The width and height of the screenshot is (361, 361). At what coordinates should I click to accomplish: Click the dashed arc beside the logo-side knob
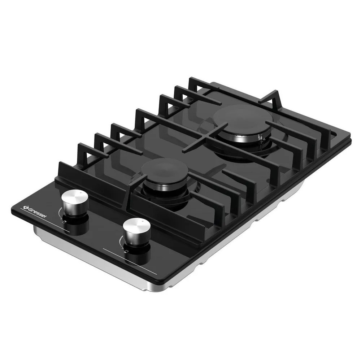tap(60, 212)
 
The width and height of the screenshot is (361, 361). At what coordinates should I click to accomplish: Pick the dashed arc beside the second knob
tap(120, 242)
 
